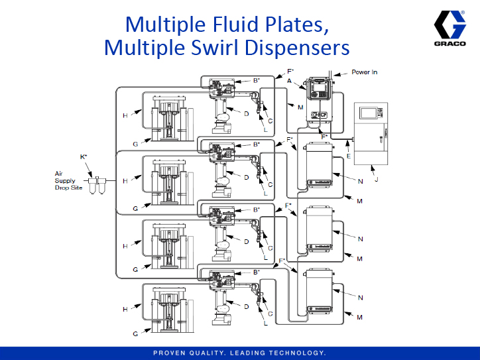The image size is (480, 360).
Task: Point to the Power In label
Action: coord(364,72)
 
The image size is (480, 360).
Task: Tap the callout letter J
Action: coord(376,178)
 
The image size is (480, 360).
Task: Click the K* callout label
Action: coord(84,156)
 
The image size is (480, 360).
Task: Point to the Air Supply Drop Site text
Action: coord(67,180)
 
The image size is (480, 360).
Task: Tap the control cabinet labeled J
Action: coord(374,133)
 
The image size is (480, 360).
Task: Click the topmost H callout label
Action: coord(124,115)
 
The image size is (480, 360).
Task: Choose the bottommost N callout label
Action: coord(360,298)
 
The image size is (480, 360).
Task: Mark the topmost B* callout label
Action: coord(256,80)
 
